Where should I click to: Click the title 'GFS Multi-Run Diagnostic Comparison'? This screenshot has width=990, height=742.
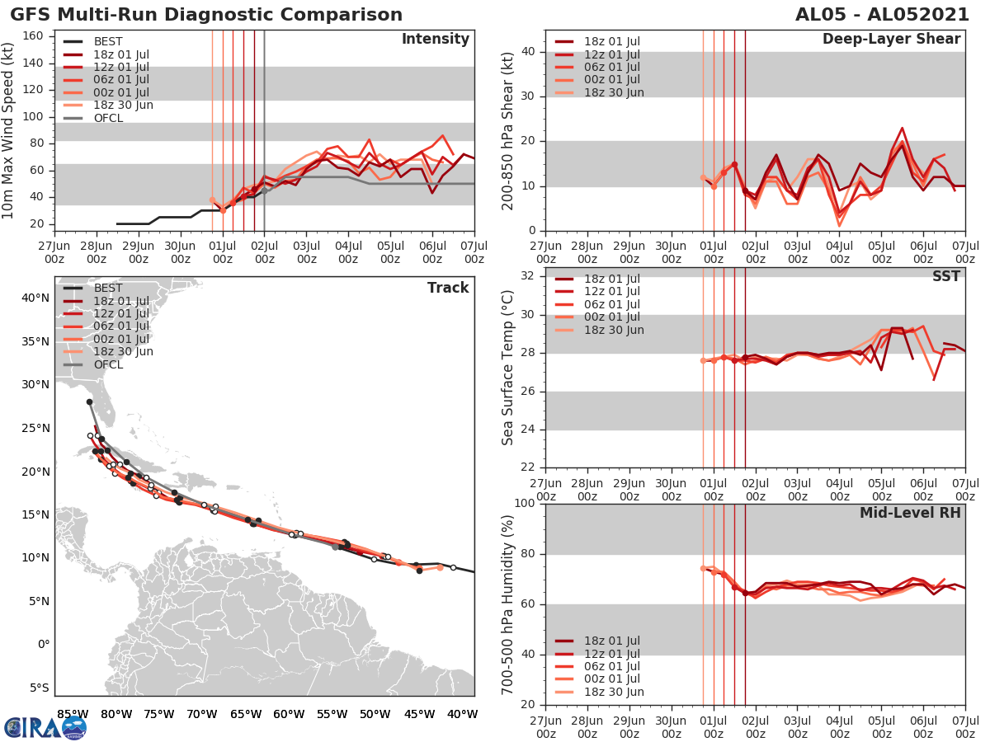pyautogui.click(x=206, y=15)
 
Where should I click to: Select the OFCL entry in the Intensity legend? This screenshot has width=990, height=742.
pyautogui.click(x=108, y=118)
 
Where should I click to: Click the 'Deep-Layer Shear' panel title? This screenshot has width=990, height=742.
pyautogui.click(x=891, y=40)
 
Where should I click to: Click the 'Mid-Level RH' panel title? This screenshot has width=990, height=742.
pyautogui.click(x=910, y=513)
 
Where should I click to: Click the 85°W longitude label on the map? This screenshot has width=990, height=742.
pyautogui.click(x=73, y=714)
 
